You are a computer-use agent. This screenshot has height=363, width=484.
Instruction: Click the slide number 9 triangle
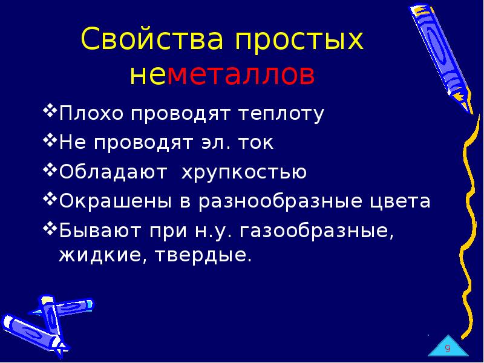[x=448, y=348]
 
